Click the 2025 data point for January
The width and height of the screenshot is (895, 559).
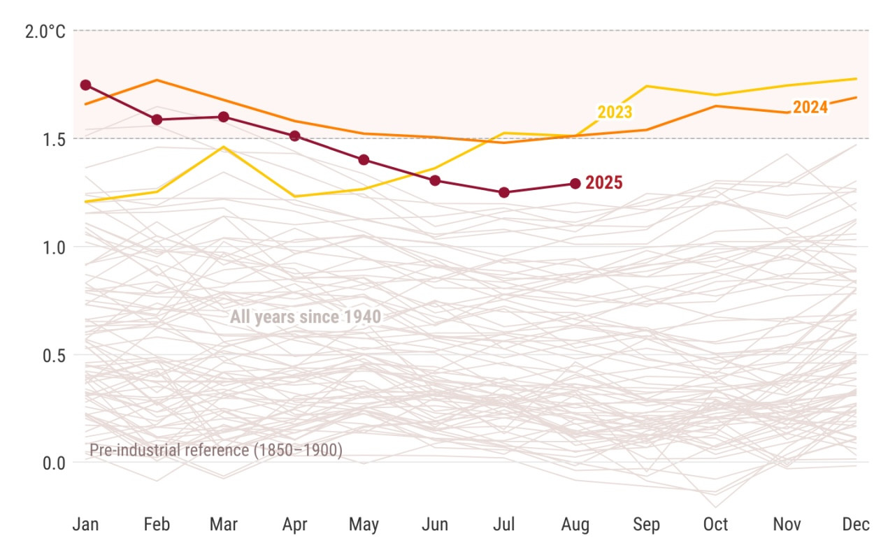(85, 85)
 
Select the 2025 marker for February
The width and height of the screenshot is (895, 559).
(157, 119)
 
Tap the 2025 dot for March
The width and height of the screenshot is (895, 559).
(224, 117)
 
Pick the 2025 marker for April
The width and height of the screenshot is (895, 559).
(294, 136)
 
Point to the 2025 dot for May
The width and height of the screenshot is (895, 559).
(364, 159)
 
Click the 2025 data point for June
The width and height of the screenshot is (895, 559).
(435, 180)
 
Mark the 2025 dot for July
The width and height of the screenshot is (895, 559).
(504, 192)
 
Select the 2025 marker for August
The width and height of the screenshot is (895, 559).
(575, 183)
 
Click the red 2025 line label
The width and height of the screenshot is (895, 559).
(604, 183)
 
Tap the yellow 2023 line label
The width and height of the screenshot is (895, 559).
(615, 112)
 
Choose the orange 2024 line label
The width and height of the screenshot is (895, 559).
(810, 107)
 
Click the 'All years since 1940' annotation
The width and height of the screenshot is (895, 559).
(306, 317)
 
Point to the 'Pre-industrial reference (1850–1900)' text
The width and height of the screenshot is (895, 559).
(216, 451)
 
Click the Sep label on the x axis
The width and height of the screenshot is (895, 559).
(645, 524)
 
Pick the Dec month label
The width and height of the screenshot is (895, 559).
(856, 524)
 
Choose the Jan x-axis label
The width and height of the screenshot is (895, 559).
(85, 524)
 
